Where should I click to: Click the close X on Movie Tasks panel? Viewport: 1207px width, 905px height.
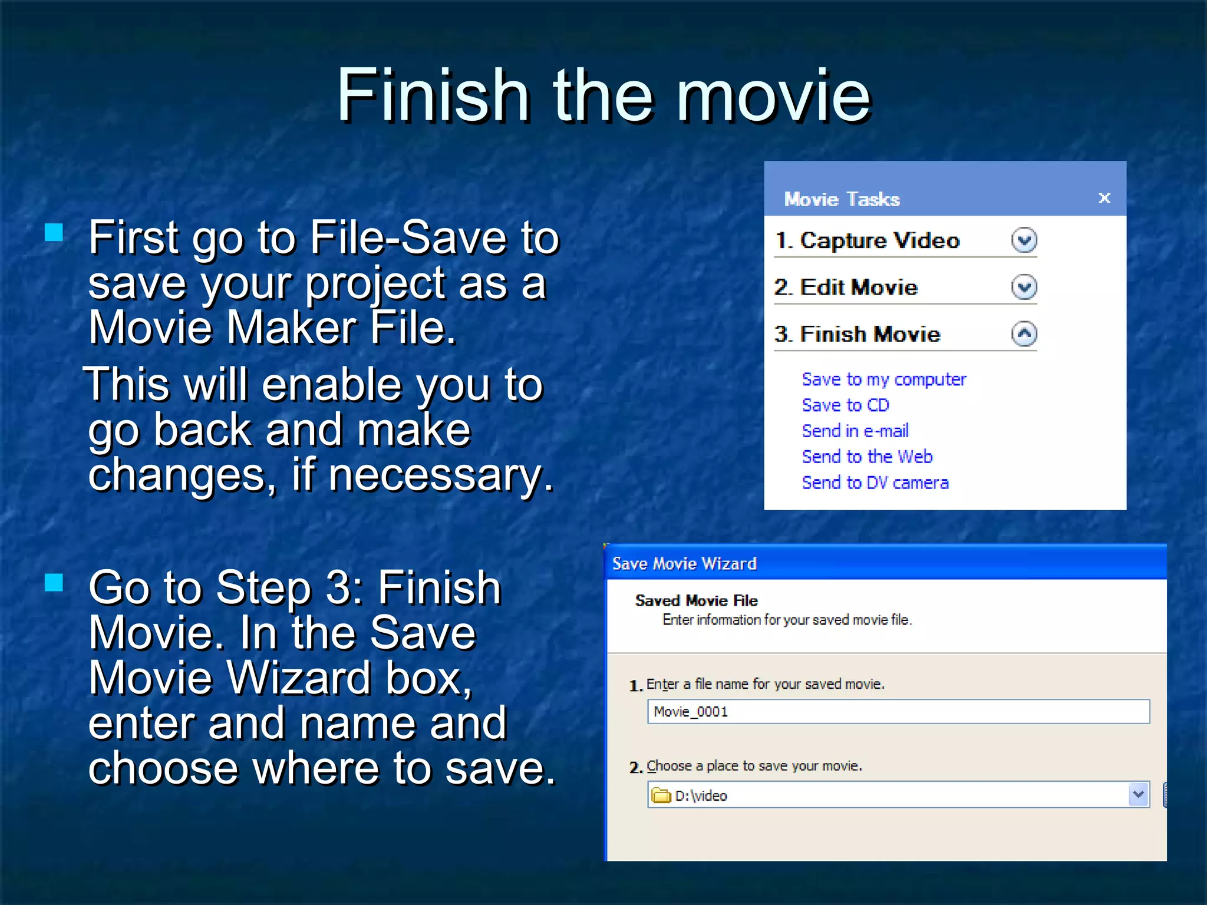(x=1104, y=198)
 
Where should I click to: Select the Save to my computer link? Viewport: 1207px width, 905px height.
(x=883, y=379)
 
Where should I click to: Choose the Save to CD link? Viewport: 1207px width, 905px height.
(x=845, y=405)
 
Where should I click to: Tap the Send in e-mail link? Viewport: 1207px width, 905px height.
(x=855, y=431)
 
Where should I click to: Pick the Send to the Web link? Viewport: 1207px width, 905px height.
(x=867, y=457)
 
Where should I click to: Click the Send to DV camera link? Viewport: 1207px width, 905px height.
(x=875, y=483)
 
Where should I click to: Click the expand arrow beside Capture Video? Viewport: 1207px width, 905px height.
(x=1024, y=240)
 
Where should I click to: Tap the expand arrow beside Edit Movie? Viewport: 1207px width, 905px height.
(x=1024, y=288)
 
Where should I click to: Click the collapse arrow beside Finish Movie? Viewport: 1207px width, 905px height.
(x=1024, y=334)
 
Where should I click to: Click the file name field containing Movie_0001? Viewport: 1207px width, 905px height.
(x=898, y=712)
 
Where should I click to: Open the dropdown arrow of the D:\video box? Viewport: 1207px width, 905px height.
(x=1138, y=795)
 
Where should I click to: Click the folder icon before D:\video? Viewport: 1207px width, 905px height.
(x=661, y=796)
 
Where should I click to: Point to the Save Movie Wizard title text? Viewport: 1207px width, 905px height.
(x=684, y=564)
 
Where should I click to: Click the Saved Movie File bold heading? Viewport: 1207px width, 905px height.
(x=696, y=600)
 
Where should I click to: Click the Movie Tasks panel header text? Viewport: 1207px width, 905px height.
(x=842, y=199)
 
